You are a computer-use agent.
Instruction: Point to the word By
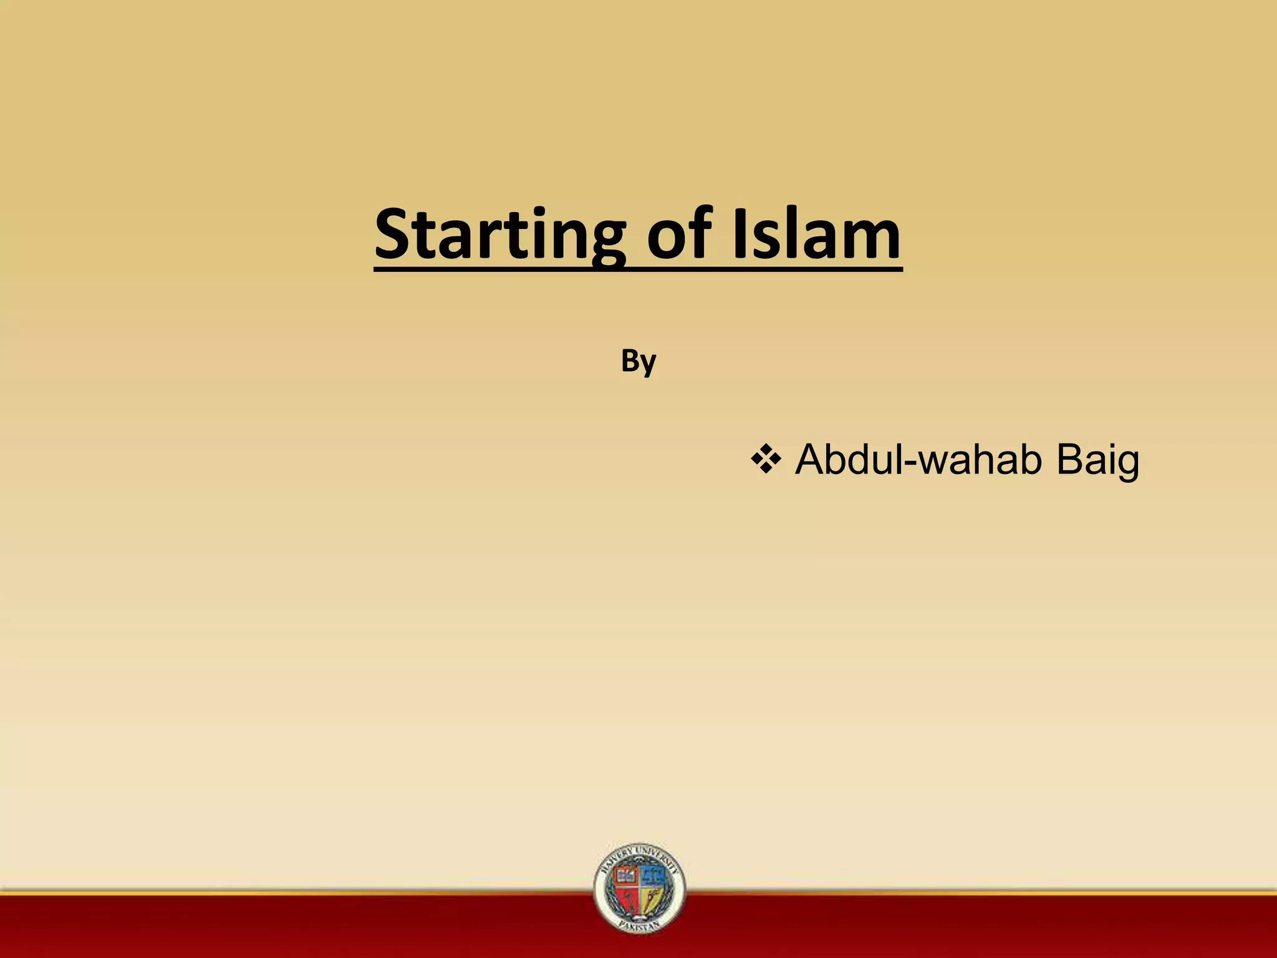[x=638, y=362]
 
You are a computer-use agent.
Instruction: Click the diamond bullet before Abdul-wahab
[x=766, y=461]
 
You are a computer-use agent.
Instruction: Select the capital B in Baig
[x=1069, y=460]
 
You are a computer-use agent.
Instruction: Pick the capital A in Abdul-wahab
[x=811, y=460]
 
